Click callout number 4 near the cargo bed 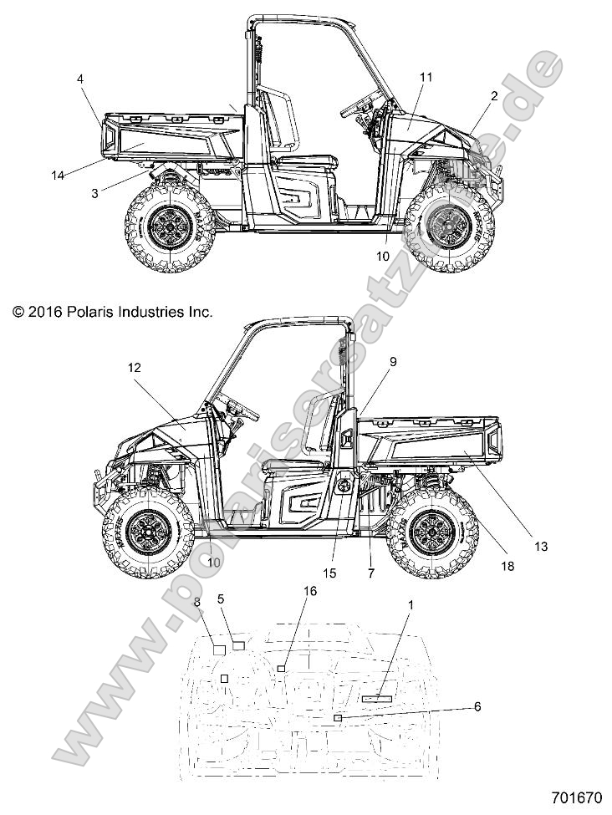point(80,79)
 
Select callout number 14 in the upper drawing point(58,175)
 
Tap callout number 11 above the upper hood point(426,77)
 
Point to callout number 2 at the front point(493,96)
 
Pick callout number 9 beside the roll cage point(369,362)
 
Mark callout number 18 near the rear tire point(506,566)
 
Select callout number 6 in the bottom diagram point(477,706)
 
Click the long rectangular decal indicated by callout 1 point(376,696)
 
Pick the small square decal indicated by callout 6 point(337,718)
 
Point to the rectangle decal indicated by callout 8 point(219,649)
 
